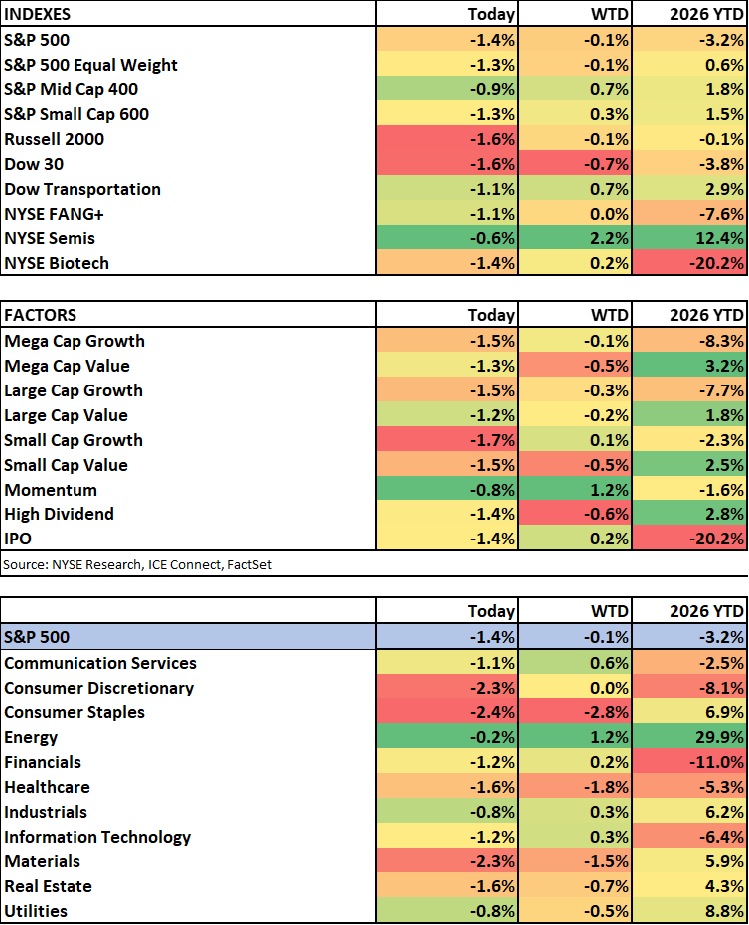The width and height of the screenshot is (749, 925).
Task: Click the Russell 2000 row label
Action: pos(55,139)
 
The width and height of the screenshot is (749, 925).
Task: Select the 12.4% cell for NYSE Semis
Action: pos(691,238)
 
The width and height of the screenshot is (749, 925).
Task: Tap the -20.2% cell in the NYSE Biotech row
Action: pos(691,263)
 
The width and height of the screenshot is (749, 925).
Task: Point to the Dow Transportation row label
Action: pos(82,189)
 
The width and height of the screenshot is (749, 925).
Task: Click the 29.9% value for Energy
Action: pos(691,737)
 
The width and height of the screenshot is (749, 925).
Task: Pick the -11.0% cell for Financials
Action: pos(691,762)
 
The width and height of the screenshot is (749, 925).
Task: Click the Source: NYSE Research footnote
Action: pos(138,564)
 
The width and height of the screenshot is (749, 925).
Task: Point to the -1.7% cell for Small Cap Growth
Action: pos(447,440)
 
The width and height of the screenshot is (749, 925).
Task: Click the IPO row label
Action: pos(19,539)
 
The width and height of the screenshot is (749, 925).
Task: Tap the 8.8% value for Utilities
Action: pos(691,911)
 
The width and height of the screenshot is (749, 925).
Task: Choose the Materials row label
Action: pos(43,861)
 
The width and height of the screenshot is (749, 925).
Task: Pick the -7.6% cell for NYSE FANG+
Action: pos(691,214)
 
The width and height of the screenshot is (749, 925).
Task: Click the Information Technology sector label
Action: pos(97,837)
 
